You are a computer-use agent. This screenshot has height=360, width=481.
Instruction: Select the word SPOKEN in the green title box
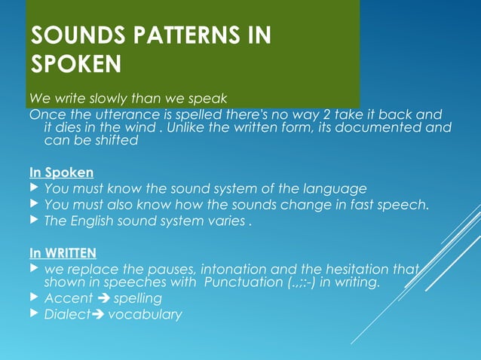tap(75, 65)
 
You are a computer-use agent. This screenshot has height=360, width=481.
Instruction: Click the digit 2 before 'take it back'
tap(323, 114)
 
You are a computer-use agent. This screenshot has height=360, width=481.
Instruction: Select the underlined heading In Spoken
tap(61, 172)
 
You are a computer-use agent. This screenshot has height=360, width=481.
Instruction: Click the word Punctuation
tap(231, 282)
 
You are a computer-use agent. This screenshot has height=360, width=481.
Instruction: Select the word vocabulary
tap(145, 314)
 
